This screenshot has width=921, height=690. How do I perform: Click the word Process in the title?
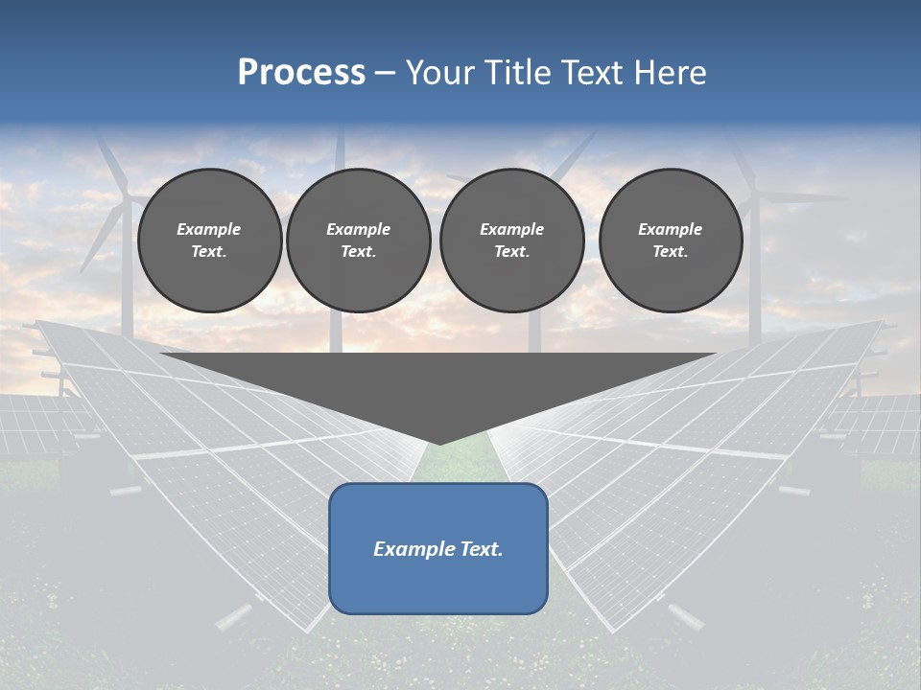pos(301,73)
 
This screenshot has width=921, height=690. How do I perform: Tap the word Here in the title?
pos(670,73)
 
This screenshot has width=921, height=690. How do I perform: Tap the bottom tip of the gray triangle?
pos(438,442)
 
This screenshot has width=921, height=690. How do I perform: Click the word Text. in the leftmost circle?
pos(209,252)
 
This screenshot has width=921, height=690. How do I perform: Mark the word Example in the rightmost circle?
pos(671,229)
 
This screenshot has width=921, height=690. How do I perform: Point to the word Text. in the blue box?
pos(481,549)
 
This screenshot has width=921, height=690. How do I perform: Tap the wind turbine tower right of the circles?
pos(753,287)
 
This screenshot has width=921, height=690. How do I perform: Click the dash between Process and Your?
pos(385,74)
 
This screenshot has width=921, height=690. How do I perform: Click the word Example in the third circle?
pos(511,229)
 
